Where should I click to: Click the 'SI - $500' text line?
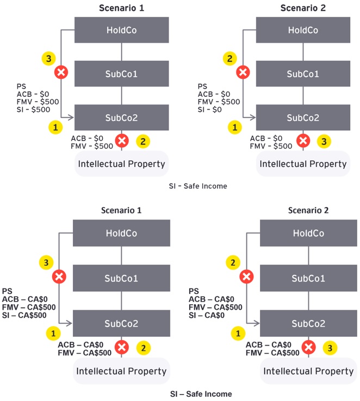pyautogui.click(x=34, y=110)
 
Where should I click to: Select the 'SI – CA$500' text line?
pyautogui.click(x=24, y=316)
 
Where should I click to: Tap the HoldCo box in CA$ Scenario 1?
pyautogui.click(x=121, y=233)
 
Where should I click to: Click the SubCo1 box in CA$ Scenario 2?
pyautogui.click(x=308, y=278)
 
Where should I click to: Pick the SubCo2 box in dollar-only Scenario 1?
pyautogui.click(x=121, y=118)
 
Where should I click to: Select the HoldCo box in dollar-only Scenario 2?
pyautogui.click(x=303, y=30)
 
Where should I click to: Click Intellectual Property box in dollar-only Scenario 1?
pyautogui.click(x=121, y=164)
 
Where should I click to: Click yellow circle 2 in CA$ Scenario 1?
pyautogui.click(x=143, y=347)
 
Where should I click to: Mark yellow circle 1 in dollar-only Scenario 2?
pyautogui.click(x=235, y=128)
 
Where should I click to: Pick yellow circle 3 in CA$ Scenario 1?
pyautogui.click(x=47, y=263)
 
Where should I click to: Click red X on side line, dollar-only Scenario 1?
pyautogui.click(x=61, y=72)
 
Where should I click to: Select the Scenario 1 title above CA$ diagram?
pyautogui.click(x=121, y=210)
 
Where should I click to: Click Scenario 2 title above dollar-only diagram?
pyautogui.click(x=303, y=8)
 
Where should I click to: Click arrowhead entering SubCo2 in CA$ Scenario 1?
pyautogui.click(x=70, y=323)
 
